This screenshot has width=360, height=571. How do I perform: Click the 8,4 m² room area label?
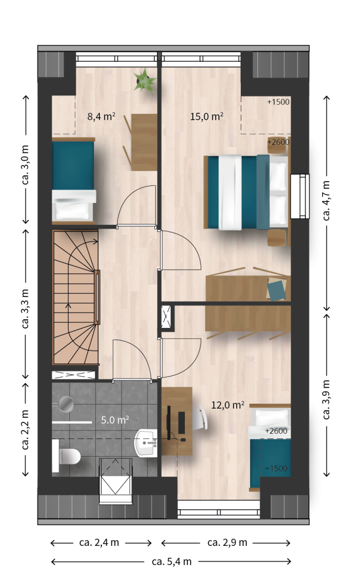pos(101,117)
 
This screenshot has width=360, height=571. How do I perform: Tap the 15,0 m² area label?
pos(206,117)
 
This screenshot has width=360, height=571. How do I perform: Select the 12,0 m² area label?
pos(227,405)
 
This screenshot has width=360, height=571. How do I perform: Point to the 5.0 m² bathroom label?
pos(115,420)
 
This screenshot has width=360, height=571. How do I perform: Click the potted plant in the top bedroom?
pos(145,80)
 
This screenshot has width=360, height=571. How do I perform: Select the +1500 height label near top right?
pos(278,102)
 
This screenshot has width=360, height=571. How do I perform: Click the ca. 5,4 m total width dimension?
pos(172,562)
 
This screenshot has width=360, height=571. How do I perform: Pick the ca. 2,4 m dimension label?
pos(99,543)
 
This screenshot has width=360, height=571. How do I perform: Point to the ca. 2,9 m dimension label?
pos(227,543)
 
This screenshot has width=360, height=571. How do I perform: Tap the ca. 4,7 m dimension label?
pos(326,200)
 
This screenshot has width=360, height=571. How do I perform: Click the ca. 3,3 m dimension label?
pos(26,308)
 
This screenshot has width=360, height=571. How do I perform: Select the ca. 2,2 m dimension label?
pos(26,429)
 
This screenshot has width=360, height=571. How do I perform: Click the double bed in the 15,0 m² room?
pos(246,192)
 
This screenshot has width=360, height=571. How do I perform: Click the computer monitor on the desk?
pos(169,422)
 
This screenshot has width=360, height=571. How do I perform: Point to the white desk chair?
pos(201,417)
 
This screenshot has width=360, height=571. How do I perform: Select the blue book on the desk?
pos(276,290)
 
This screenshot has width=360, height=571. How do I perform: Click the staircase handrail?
pos(97,297)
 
